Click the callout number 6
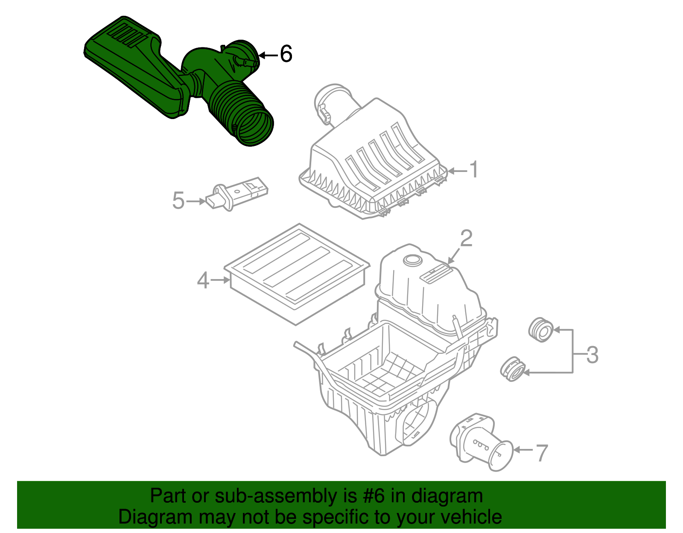286,55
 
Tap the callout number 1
474,170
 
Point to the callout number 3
592,355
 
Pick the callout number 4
203,280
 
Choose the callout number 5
178,201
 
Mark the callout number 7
541,453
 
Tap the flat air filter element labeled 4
297,273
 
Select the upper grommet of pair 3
540,329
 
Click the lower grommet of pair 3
512,369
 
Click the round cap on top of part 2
412,260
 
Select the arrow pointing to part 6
268,55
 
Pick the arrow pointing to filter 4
220,280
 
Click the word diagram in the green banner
457,496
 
